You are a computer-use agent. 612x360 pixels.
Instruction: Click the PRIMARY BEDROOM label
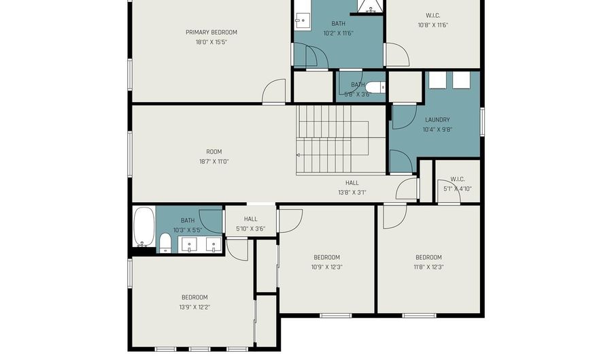pyautogui.click(x=211, y=32)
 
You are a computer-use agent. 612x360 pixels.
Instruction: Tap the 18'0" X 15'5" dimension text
pyautogui.click(x=211, y=42)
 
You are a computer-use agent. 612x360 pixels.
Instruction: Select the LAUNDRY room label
pyautogui.click(x=437, y=120)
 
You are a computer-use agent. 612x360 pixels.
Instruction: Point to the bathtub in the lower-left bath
pyautogui.click(x=143, y=227)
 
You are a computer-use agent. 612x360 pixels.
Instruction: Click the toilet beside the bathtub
pyautogui.click(x=165, y=243)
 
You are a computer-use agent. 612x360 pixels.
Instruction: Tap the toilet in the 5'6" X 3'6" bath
pyautogui.click(x=376, y=87)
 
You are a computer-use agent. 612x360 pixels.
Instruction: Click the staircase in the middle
pyautogui.click(x=333, y=140)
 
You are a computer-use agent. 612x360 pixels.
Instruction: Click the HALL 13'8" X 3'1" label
pyautogui.click(x=352, y=182)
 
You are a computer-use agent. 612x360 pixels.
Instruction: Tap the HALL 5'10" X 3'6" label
pyautogui.click(x=250, y=219)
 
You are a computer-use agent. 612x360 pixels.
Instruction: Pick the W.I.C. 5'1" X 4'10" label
pyautogui.click(x=457, y=180)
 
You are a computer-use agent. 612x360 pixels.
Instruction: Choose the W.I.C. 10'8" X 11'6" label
pyautogui.click(x=433, y=15)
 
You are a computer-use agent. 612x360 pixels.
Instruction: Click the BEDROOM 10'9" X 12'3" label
pyautogui.click(x=326, y=257)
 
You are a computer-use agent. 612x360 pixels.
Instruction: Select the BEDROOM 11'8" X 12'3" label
pyautogui.click(x=428, y=257)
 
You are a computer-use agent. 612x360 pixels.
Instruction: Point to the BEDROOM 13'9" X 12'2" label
pyautogui.click(x=194, y=297)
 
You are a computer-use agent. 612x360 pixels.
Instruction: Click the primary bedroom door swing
pyautogui.click(x=275, y=93)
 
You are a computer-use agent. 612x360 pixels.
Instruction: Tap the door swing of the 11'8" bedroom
pyautogui.click(x=394, y=216)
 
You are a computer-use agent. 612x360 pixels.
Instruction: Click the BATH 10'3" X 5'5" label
pyautogui.click(x=188, y=220)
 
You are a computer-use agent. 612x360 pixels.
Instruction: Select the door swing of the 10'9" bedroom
pyautogui.click(x=290, y=219)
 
